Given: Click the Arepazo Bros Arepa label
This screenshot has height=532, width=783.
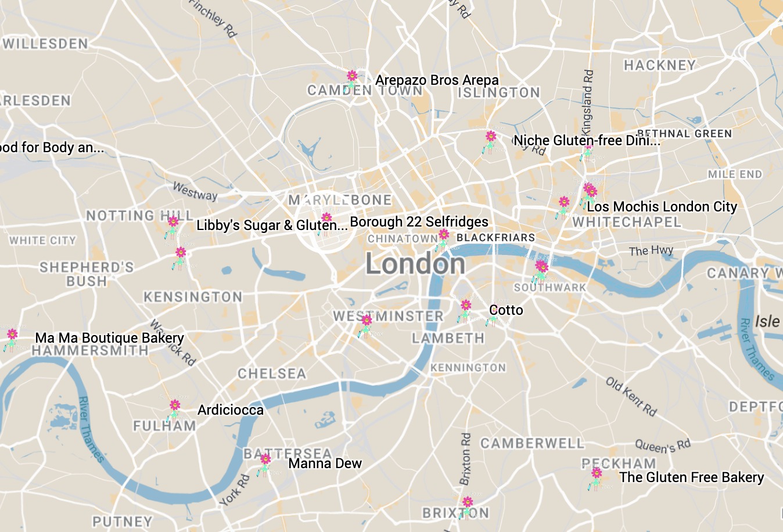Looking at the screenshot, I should point(437,80).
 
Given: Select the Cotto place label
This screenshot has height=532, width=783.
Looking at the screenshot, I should point(506,310).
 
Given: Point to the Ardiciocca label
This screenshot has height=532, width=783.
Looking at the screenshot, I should point(230,410).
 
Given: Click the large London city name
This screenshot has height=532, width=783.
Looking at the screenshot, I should point(415,264).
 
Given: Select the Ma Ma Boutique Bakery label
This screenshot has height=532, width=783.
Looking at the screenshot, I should point(109,338).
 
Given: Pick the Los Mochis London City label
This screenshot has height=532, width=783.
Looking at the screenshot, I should point(662,207).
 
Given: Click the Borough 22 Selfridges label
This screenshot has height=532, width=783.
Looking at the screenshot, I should point(419,222).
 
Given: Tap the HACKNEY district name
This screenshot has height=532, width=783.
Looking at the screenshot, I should point(659,65).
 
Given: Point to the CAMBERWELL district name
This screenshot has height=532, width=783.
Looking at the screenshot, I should point(532,443).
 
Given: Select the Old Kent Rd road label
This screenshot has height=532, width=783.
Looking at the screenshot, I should point(631,397).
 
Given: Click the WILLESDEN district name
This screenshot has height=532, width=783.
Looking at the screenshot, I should point(45,44).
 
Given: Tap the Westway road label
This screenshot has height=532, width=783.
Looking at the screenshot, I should point(195,191).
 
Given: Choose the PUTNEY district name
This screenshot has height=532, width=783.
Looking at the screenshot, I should point(123,521).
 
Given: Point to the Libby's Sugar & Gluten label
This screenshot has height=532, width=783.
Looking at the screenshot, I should point(272,225).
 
